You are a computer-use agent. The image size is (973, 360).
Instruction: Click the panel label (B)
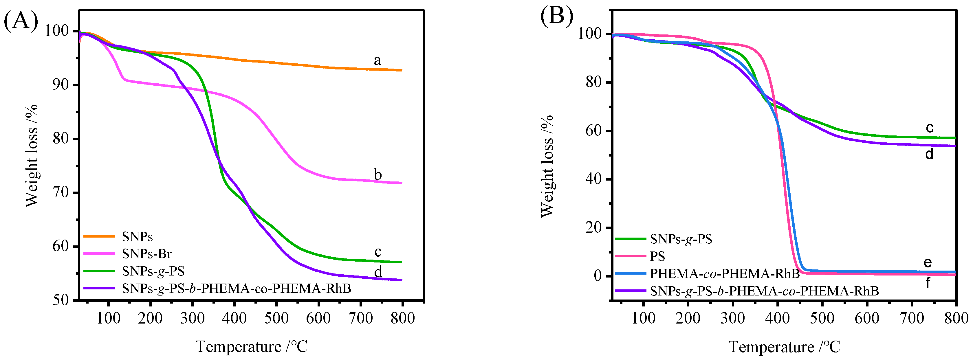pyautogui.click(x=556, y=16)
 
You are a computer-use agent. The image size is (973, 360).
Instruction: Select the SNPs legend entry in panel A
pyautogui.click(x=137, y=237)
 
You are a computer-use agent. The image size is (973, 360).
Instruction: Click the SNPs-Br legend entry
pyautogui.click(x=146, y=254)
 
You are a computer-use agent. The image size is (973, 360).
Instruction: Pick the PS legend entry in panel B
pyautogui.click(x=657, y=256)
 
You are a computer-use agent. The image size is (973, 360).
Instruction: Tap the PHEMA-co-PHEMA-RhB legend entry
pyautogui.click(x=724, y=273)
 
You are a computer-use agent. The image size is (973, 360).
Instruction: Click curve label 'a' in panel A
pyautogui.click(x=377, y=60)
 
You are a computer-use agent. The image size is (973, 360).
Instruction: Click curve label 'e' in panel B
pyautogui.click(x=927, y=262)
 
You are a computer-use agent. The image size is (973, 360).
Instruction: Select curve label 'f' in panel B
pyautogui.click(x=928, y=282)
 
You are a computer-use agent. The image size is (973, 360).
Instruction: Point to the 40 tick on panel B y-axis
pyautogui.click(x=593, y=179)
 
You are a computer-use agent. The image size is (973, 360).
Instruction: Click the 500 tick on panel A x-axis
pyautogui.click(x=276, y=318)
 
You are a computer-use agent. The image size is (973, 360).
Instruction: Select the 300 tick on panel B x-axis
pyautogui.click(x=733, y=318)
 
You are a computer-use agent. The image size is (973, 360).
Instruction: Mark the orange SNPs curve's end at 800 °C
pyautogui.click(x=402, y=70)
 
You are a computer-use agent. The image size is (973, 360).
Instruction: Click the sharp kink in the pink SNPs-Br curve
pyautogui.click(x=124, y=79)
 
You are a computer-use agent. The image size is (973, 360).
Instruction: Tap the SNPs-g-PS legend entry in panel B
pyautogui.click(x=681, y=239)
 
